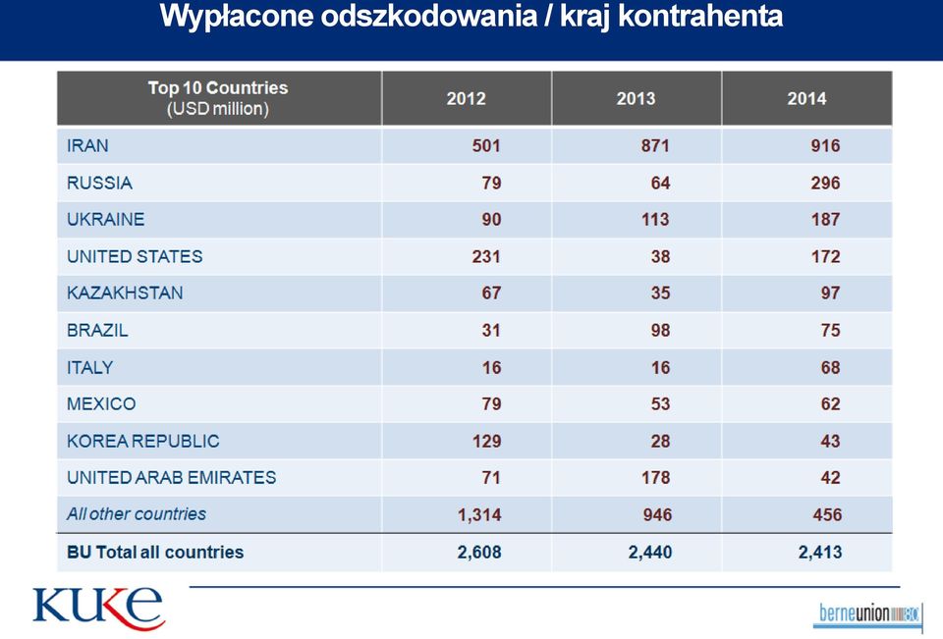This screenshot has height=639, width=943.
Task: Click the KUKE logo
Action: click(98, 609)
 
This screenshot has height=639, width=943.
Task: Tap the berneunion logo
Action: click(869, 614)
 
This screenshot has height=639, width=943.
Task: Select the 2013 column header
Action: click(636, 98)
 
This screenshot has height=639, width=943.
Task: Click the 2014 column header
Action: click(806, 98)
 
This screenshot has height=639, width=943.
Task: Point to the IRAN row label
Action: click(87, 146)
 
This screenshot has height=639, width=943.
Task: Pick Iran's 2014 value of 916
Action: click(825, 146)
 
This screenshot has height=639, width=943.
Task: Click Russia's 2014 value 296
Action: click(825, 183)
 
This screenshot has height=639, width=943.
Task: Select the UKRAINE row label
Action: click(106, 220)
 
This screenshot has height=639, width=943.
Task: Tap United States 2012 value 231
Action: click(486, 257)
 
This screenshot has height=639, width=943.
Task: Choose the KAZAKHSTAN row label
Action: click(125, 293)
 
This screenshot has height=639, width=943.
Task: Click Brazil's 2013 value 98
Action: click(660, 330)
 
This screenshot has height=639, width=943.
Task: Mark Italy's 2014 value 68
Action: click(831, 367)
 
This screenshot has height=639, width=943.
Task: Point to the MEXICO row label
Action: click(101, 404)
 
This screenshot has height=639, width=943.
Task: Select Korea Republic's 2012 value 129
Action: click(486, 442)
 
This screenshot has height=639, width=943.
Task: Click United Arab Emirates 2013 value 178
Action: click(655, 478)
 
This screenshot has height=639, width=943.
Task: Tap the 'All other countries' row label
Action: click(137, 514)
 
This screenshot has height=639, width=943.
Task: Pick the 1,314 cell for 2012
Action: click(479, 515)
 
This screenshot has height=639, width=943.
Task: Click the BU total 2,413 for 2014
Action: click(819, 553)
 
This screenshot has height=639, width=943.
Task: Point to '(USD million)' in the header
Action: click(218, 109)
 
